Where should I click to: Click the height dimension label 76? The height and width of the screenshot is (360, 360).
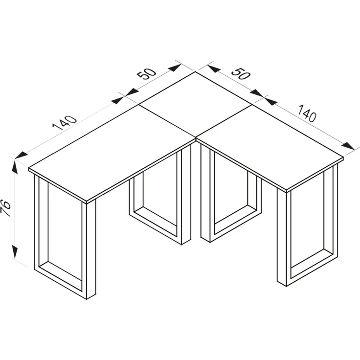click(6, 208)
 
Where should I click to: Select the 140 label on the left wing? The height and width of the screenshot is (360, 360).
click(65, 123)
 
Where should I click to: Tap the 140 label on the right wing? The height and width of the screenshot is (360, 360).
click(307, 113)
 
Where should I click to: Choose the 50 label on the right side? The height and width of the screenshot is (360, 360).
click(240, 74)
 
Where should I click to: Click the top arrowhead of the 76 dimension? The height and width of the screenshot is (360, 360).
click(15, 167)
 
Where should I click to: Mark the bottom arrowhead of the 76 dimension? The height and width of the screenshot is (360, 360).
click(15, 252)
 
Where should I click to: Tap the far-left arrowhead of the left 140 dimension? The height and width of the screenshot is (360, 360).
click(21, 155)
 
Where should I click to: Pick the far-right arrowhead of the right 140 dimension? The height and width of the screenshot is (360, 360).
click(348, 146)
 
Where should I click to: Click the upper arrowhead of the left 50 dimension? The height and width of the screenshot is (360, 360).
click(175, 68)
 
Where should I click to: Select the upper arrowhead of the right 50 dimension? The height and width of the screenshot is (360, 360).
click(214, 68)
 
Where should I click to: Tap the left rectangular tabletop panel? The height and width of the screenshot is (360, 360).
click(112, 154)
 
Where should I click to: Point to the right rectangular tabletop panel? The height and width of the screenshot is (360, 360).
click(270, 147)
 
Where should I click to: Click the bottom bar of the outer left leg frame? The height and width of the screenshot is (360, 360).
click(60, 281)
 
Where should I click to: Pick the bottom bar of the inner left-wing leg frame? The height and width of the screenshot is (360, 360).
click(156, 225)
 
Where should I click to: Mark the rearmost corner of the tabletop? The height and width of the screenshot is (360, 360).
click(195, 72)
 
